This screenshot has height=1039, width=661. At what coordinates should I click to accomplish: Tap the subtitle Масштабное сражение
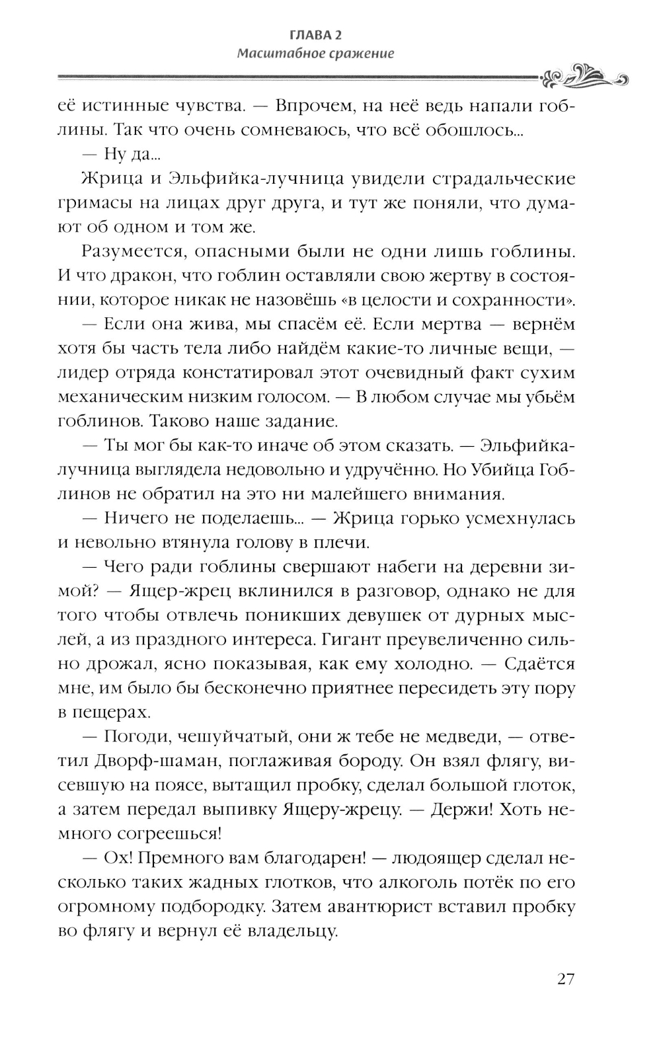pos(315,54)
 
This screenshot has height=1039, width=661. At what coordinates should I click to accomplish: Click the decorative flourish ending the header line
pos(584,76)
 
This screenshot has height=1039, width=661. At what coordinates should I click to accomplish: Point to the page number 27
pos(565,979)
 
